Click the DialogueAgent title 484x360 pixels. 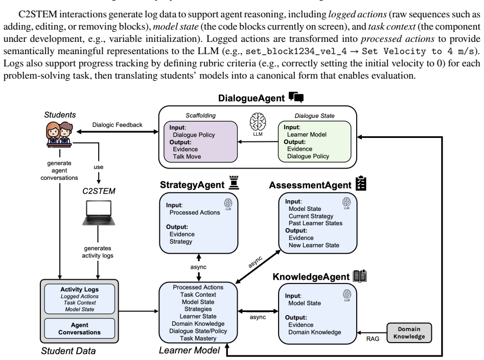tap(251, 98)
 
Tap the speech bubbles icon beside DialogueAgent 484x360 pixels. tap(296, 97)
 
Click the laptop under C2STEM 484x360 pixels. tap(99, 213)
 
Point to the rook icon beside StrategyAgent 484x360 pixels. tap(234, 183)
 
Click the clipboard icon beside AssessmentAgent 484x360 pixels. tap(361, 183)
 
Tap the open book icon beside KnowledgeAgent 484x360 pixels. tap(360, 276)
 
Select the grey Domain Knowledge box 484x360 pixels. tap(409, 333)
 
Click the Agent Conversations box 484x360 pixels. tap(79, 328)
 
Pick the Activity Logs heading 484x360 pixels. tap(79, 290)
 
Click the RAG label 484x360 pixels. tap(373, 339)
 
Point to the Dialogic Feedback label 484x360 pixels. tap(118, 125)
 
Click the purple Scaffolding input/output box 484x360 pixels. tap(201, 141)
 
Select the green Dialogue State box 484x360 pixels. tap(314, 141)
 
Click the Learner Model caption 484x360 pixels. tap(189, 350)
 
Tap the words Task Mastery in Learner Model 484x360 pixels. tap(198, 339)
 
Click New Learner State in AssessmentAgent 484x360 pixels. tap(314, 245)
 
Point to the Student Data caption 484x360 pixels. tap(68, 351)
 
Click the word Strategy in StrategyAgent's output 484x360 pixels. tap(181, 242)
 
